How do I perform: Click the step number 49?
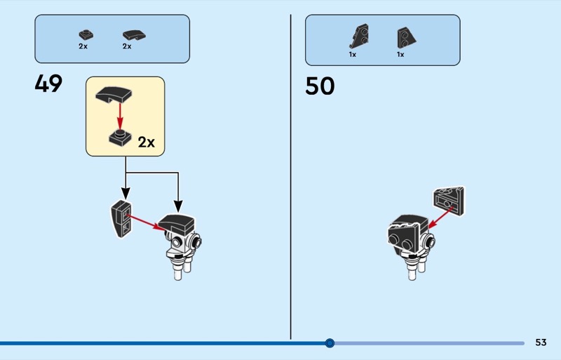48,84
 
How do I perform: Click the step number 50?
320,86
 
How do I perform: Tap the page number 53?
541,342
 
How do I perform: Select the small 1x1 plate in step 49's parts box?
85,34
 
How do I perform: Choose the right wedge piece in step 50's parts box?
405,37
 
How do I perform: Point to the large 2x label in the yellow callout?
146,142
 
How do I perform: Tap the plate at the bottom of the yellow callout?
120,137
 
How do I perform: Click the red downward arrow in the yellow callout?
120,116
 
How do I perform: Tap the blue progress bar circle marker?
330,343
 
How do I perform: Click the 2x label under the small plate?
83,46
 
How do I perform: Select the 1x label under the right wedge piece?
400,54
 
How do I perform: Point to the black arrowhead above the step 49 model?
178,206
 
